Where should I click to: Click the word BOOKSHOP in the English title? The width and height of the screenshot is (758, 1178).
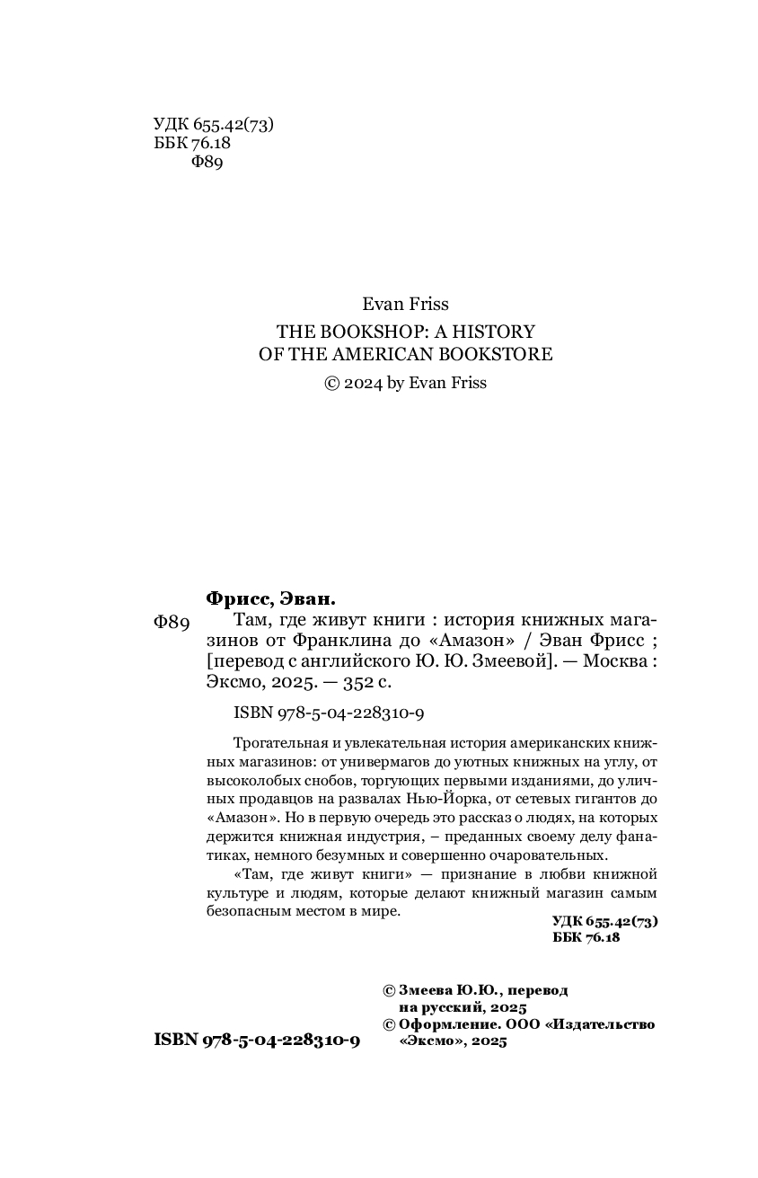(362, 331)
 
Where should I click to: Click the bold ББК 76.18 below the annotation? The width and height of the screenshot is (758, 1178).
(587, 937)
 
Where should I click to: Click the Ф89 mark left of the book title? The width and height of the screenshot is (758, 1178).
(172, 623)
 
